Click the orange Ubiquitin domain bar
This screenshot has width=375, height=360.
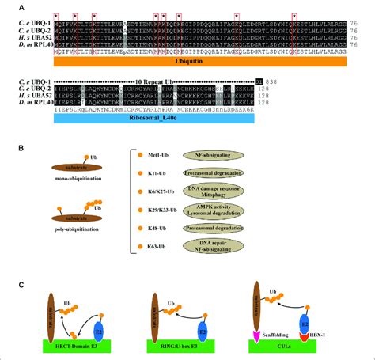188,60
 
